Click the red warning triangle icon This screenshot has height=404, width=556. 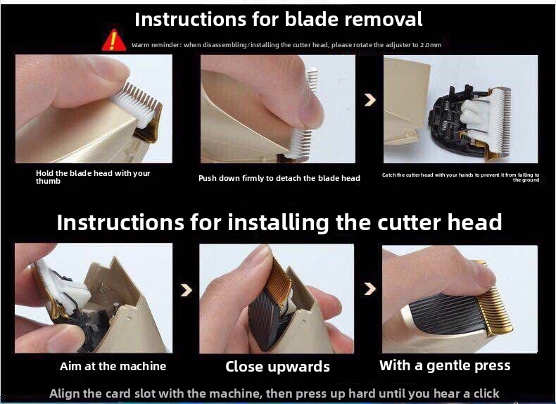pos(113,40)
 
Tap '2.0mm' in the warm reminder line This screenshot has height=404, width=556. pos(431,45)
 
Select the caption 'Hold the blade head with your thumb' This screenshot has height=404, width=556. pos(93,177)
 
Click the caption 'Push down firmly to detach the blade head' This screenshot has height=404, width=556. pos(279,178)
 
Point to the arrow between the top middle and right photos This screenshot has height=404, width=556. pos(369,100)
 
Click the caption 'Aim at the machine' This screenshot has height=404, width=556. pos(113,366)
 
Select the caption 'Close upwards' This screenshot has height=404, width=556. pos(277,367)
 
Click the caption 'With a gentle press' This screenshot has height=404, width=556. pos(445,365)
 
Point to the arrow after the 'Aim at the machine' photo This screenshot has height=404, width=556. pos(187,290)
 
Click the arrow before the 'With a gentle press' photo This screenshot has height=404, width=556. pos(369,289)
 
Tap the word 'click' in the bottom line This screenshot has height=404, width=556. pos(485,393)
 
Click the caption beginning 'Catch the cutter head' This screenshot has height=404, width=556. pos(460,177)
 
